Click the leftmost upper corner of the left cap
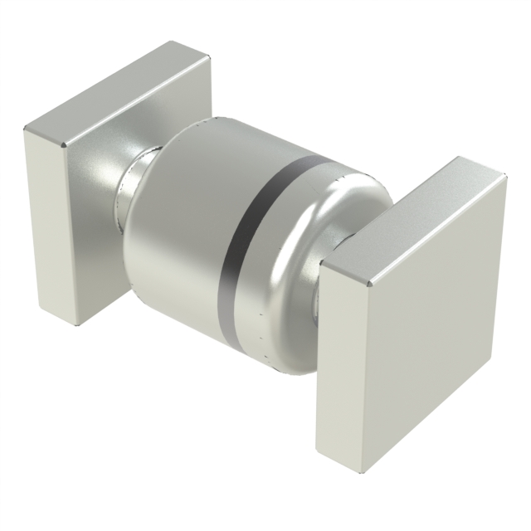(x=25, y=127)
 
